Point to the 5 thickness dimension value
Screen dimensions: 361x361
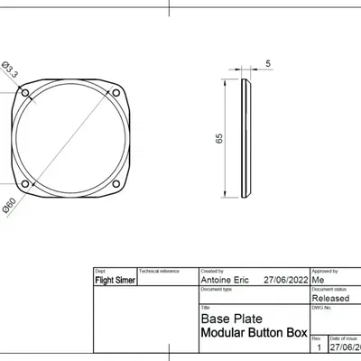point(268,63)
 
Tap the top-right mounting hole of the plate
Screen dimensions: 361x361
point(116,93)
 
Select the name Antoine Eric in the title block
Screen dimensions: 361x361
point(220,281)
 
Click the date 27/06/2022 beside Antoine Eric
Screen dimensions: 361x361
point(283,281)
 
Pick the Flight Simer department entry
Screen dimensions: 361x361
point(115,281)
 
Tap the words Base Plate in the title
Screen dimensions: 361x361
point(225,319)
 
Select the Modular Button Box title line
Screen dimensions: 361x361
point(253,332)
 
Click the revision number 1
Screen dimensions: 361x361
point(317,347)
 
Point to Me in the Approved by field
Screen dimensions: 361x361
point(317,281)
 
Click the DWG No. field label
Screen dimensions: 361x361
point(321,307)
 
